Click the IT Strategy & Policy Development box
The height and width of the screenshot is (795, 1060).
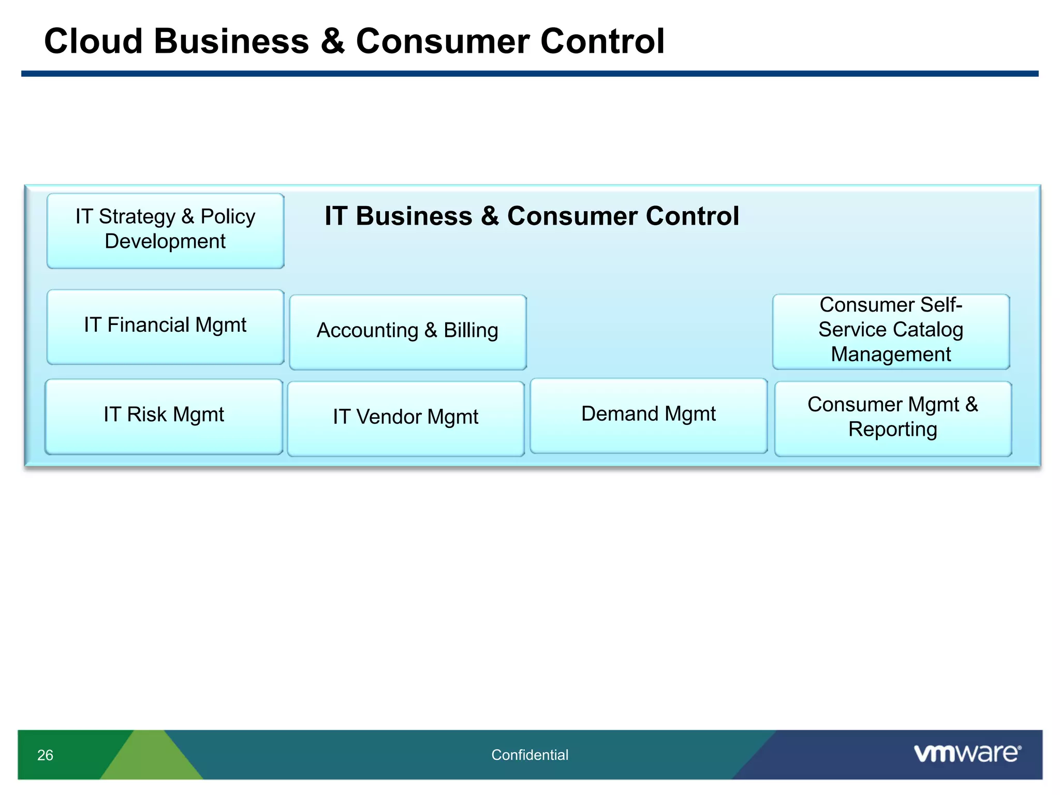coord(165,231)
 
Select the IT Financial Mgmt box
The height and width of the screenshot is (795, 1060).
coord(165,327)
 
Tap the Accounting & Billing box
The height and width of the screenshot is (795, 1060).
coord(407,332)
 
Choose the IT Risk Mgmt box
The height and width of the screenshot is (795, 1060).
coord(164,417)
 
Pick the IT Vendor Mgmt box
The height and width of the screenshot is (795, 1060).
coord(406,419)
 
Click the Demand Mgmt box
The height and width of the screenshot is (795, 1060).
coord(648,416)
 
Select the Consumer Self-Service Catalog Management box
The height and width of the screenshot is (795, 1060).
coord(891,331)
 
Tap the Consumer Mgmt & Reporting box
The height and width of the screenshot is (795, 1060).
coord(893,419)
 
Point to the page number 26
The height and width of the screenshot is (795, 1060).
coord(45,755)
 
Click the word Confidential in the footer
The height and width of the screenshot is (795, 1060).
coord(529,755)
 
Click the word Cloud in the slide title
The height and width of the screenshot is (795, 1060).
coord(93,41)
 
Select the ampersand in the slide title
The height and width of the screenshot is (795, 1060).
coord(332,41)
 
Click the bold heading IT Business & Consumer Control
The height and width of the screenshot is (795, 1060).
coord(532,216)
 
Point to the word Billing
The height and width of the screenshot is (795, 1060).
coord(470,331)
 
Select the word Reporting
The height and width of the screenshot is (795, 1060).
coord(893,430)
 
